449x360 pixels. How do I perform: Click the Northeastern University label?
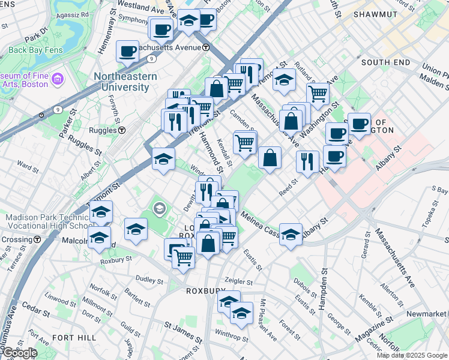[x=125, y=82]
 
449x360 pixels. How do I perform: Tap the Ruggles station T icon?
[x=121, y=130]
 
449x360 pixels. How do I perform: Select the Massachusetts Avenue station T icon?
[x=206, y=47]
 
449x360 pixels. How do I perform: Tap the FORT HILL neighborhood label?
[x=74, y=338]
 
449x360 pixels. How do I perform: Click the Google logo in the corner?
[x=19, y=353]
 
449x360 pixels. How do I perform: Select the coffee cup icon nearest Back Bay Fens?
[x=127, y=52]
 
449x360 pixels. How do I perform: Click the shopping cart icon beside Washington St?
[x=318, y=93]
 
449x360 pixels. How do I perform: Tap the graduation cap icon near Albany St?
[x=291, y=234]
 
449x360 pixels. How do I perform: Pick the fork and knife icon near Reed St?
[x=307, y=161]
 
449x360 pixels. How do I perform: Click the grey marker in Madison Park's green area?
[x=159, y=209]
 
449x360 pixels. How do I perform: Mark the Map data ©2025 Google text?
[x=412, y=355]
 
